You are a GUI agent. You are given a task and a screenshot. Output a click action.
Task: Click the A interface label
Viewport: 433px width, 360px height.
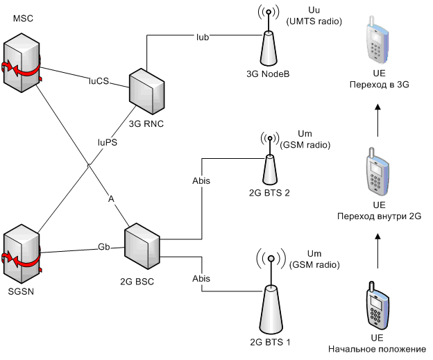[110, 198]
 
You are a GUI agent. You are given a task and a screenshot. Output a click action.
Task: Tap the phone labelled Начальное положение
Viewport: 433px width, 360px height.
[377, 305]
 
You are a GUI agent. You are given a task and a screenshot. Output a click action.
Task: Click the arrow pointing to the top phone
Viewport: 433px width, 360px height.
[377, 117]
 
